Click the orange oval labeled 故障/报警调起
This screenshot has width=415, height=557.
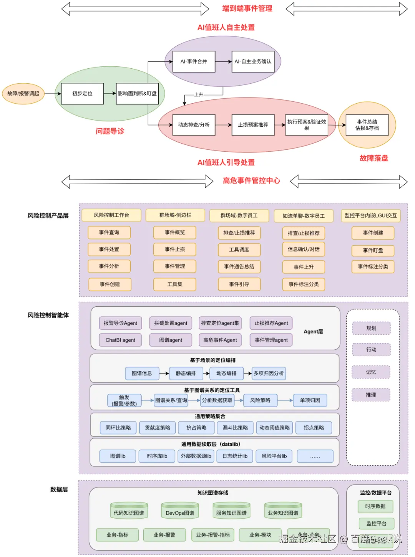tap(23, 93)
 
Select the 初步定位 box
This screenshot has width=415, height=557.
tap(82, 94)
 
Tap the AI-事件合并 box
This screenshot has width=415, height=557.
tap(194, 61)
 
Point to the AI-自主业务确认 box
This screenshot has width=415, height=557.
tap(253, 61)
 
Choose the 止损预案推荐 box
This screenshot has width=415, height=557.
tap(253, 125)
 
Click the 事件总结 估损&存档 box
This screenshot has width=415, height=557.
tap(367, 125)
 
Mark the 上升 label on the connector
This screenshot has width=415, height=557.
tap(199, 94)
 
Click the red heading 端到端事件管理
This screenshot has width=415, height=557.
tap(247, 8)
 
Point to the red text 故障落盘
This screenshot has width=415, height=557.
tap(374, 158)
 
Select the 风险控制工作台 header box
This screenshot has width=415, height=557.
tap(111, 215)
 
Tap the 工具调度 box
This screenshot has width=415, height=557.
tap(239, 250)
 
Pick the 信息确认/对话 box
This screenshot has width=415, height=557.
tap(304, 249)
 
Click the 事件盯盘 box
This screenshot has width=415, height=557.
tap(373, 250)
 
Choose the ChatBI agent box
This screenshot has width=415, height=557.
tap(120, 340)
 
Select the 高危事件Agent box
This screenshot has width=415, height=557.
tap(220, 340)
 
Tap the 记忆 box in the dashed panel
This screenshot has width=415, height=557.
tap(371, 372)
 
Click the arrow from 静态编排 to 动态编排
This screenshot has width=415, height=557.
tap(206, 373)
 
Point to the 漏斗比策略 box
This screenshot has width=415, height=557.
tap(235, 428)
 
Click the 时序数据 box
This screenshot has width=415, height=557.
tap(375, 506)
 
